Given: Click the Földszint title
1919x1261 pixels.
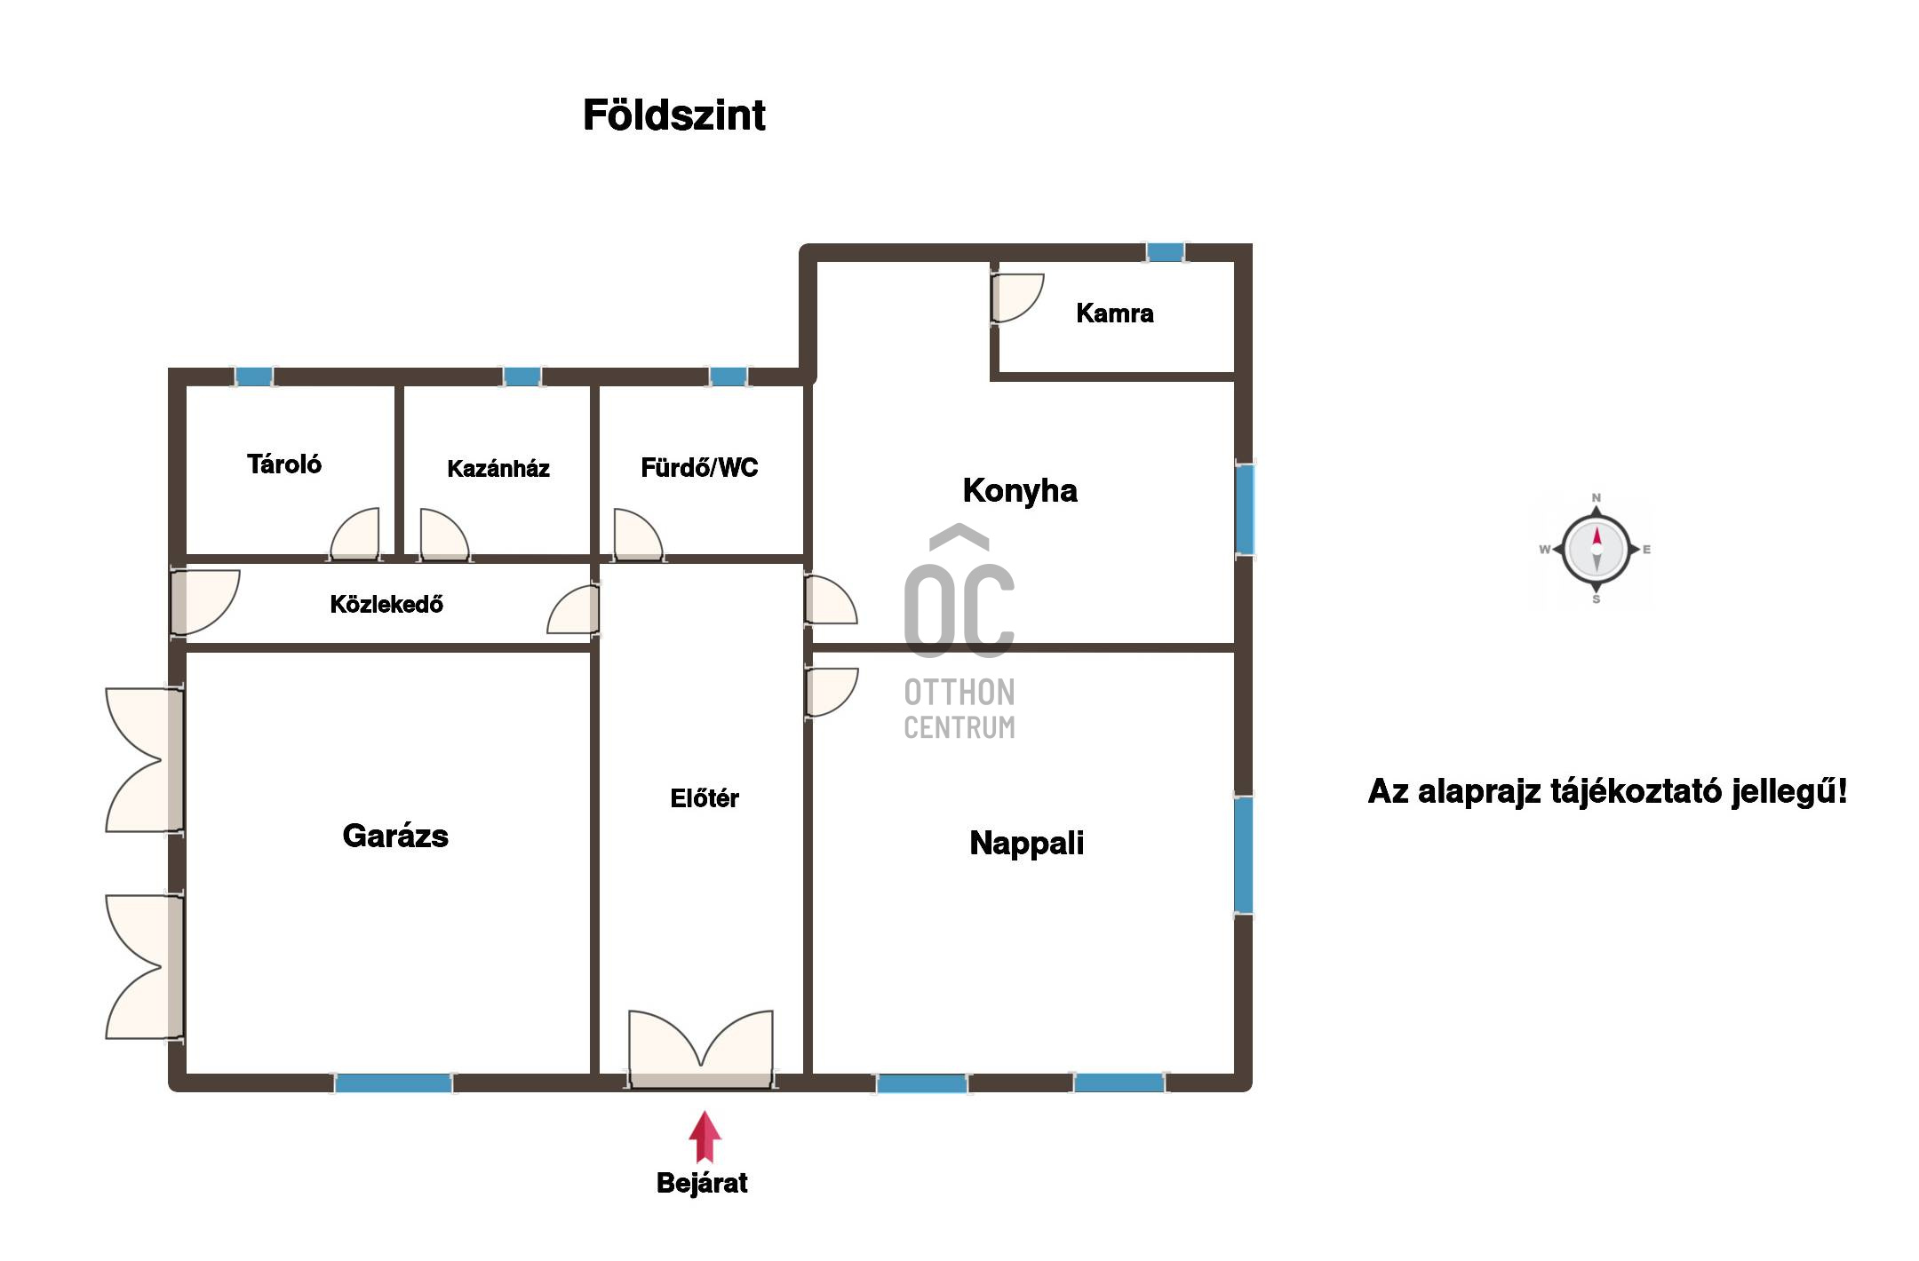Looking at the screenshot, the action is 673,115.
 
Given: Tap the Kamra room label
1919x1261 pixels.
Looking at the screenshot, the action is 1114,313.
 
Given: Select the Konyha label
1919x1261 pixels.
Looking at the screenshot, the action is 1020,491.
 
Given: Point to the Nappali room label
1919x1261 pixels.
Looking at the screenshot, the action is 1026,843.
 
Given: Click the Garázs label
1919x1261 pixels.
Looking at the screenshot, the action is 395,836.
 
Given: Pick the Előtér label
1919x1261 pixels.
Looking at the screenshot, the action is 705,798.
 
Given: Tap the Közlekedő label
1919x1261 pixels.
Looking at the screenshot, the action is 386,605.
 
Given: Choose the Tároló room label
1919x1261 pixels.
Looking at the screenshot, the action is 284,464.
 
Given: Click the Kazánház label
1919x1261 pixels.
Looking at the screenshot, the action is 498,469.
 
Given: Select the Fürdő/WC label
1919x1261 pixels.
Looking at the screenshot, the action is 699,468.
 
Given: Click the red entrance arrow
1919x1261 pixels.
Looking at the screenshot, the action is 705,1137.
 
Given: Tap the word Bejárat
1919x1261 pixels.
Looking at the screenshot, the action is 702,1183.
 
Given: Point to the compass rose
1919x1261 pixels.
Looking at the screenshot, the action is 1597,550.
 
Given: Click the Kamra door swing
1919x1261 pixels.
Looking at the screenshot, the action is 1018,298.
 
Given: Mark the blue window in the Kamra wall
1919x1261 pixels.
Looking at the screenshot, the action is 1166,252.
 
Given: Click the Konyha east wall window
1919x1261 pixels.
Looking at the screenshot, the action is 1246,509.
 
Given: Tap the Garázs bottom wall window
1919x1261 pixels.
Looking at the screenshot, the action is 394,1083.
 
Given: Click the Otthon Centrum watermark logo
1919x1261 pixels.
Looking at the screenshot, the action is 959,632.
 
